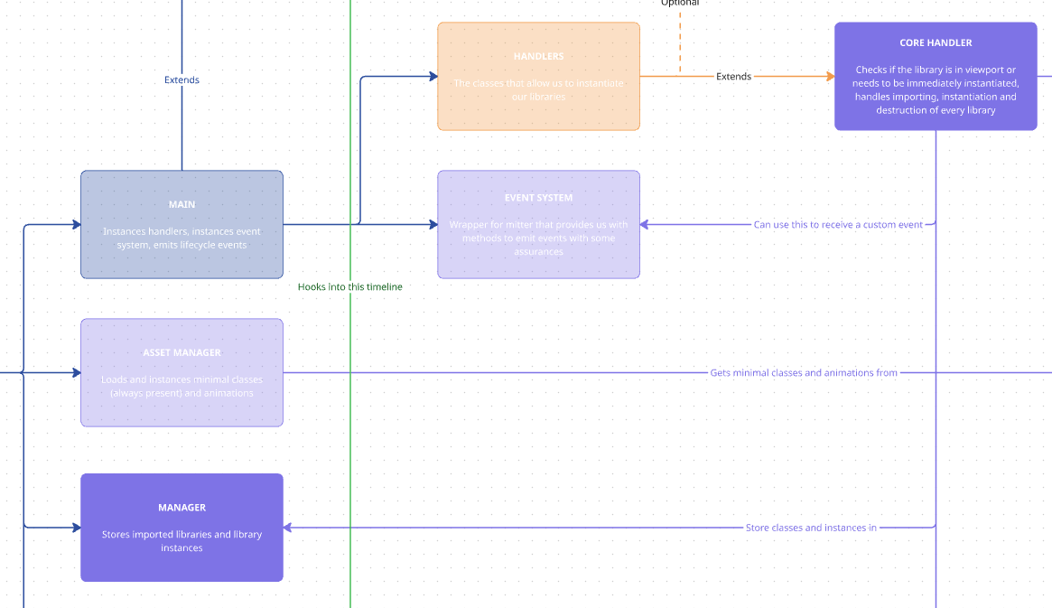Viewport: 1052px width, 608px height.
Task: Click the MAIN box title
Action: pyautogui.click(x=182, y=205)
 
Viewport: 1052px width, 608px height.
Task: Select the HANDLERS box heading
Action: pyautogui.click(x=538, y=57)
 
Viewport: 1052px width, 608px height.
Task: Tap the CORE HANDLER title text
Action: pyautogui.click(x=936, y=42)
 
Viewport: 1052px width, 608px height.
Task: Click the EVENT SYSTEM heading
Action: pyautogui.click(x=538, y=198)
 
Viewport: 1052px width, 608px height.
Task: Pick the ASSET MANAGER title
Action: pyautogui.click(x=182, y=353)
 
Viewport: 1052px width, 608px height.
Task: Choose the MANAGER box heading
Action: pyautogui.click(x=182, y=508)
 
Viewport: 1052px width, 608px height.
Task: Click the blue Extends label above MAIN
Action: pyautogui.click(x=182, y=80)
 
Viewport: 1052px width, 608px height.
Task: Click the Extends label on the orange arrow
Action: pyautogui.click(x=733, y=77)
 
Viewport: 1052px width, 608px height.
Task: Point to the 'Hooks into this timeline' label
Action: pyautogui.click(x=350, y=287)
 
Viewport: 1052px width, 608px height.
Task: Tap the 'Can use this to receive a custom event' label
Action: pyautogui.click(x=838, y=225)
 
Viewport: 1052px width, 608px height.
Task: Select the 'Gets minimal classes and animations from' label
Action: pyautogui.click(x=804, y=373)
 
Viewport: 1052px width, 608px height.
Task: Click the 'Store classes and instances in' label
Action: pyautogui.click(x=811, y=528)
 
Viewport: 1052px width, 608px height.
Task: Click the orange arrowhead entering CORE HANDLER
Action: pyautogui.click(x=829, y=77)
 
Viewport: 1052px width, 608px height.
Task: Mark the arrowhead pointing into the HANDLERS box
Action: pyautogui.click(x=433, y=77)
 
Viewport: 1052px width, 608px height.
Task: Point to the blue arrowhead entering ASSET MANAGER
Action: pyautogui.click(x=76, y=372)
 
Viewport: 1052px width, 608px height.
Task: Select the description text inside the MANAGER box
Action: pyautogui.click(x=182, y=541)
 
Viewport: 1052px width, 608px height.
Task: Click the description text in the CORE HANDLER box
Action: pyautogui.click(x=936, y=89)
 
